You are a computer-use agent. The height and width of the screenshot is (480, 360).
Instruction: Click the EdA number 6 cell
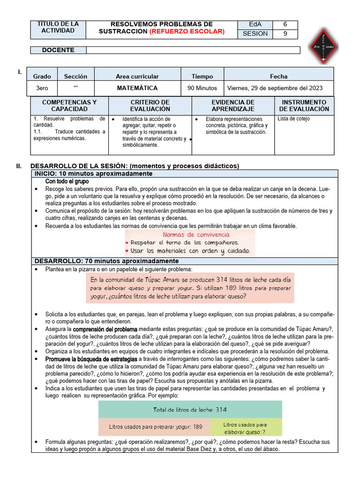[285, 24]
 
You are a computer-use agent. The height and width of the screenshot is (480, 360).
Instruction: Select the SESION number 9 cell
[285, 34]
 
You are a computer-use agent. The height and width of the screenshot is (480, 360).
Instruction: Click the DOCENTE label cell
[58, 50]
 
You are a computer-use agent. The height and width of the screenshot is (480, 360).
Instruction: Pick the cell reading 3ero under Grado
[42, 88]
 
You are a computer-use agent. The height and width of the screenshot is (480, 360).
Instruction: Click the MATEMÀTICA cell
[137, 88]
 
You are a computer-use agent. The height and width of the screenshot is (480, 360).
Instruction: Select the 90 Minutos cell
[202, 88]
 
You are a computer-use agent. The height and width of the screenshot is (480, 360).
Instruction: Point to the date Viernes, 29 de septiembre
[275, 88]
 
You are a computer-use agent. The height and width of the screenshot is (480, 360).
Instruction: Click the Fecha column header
[278, 76]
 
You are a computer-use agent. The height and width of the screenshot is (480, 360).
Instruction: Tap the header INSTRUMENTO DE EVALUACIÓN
[304, 105]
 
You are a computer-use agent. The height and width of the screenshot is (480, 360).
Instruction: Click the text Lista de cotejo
[293, 119]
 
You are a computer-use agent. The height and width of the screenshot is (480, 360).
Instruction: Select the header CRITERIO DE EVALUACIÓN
[150, 105]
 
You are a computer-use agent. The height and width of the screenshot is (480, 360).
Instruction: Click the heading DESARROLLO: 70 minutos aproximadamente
[106, 261]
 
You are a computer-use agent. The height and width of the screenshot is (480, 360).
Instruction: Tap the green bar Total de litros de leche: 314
[190, 410]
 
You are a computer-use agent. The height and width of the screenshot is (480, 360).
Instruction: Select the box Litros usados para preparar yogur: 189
[155, 427]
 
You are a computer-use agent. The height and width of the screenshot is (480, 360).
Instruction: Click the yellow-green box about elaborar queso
[246, 427]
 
